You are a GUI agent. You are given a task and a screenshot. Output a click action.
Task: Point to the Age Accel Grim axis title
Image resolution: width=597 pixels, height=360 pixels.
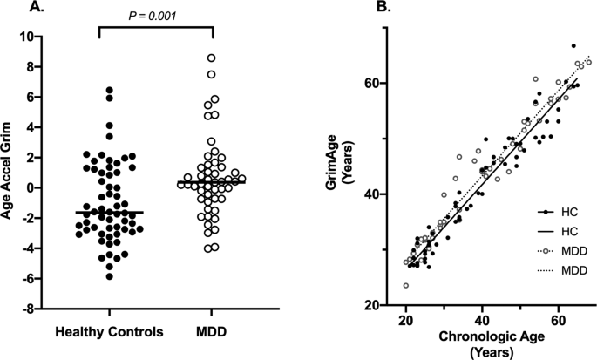tap(11, 173)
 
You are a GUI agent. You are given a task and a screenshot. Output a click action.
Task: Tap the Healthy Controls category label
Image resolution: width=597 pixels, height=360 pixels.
tap(110, 333)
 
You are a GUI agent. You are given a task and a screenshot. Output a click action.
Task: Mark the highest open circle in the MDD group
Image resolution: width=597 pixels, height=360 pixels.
tap(211, 58)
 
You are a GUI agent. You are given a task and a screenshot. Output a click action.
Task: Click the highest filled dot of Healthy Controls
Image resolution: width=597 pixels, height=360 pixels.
tap(110, 90)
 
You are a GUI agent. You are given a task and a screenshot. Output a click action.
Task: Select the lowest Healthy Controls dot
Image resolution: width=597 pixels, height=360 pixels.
tap(110, 276)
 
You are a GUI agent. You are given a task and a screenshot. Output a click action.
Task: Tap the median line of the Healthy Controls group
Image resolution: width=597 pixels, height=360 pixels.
tap(110, 212)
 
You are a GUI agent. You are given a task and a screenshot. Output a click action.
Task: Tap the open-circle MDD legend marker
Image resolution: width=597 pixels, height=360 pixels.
tap(544, 250)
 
